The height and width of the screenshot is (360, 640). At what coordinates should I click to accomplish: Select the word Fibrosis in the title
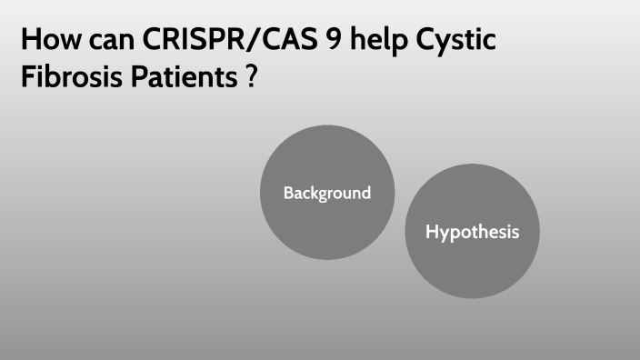pos(66,77)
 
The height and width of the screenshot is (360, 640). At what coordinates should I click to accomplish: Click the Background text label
pos(326,193)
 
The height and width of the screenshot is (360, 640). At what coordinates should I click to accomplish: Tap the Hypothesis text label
pos(472,232)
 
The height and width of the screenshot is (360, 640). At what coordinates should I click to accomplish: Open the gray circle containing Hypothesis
pos(472,268)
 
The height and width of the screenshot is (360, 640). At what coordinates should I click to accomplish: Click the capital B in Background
pos(288,193)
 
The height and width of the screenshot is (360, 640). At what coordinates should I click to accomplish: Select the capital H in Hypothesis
pos(432,232)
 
